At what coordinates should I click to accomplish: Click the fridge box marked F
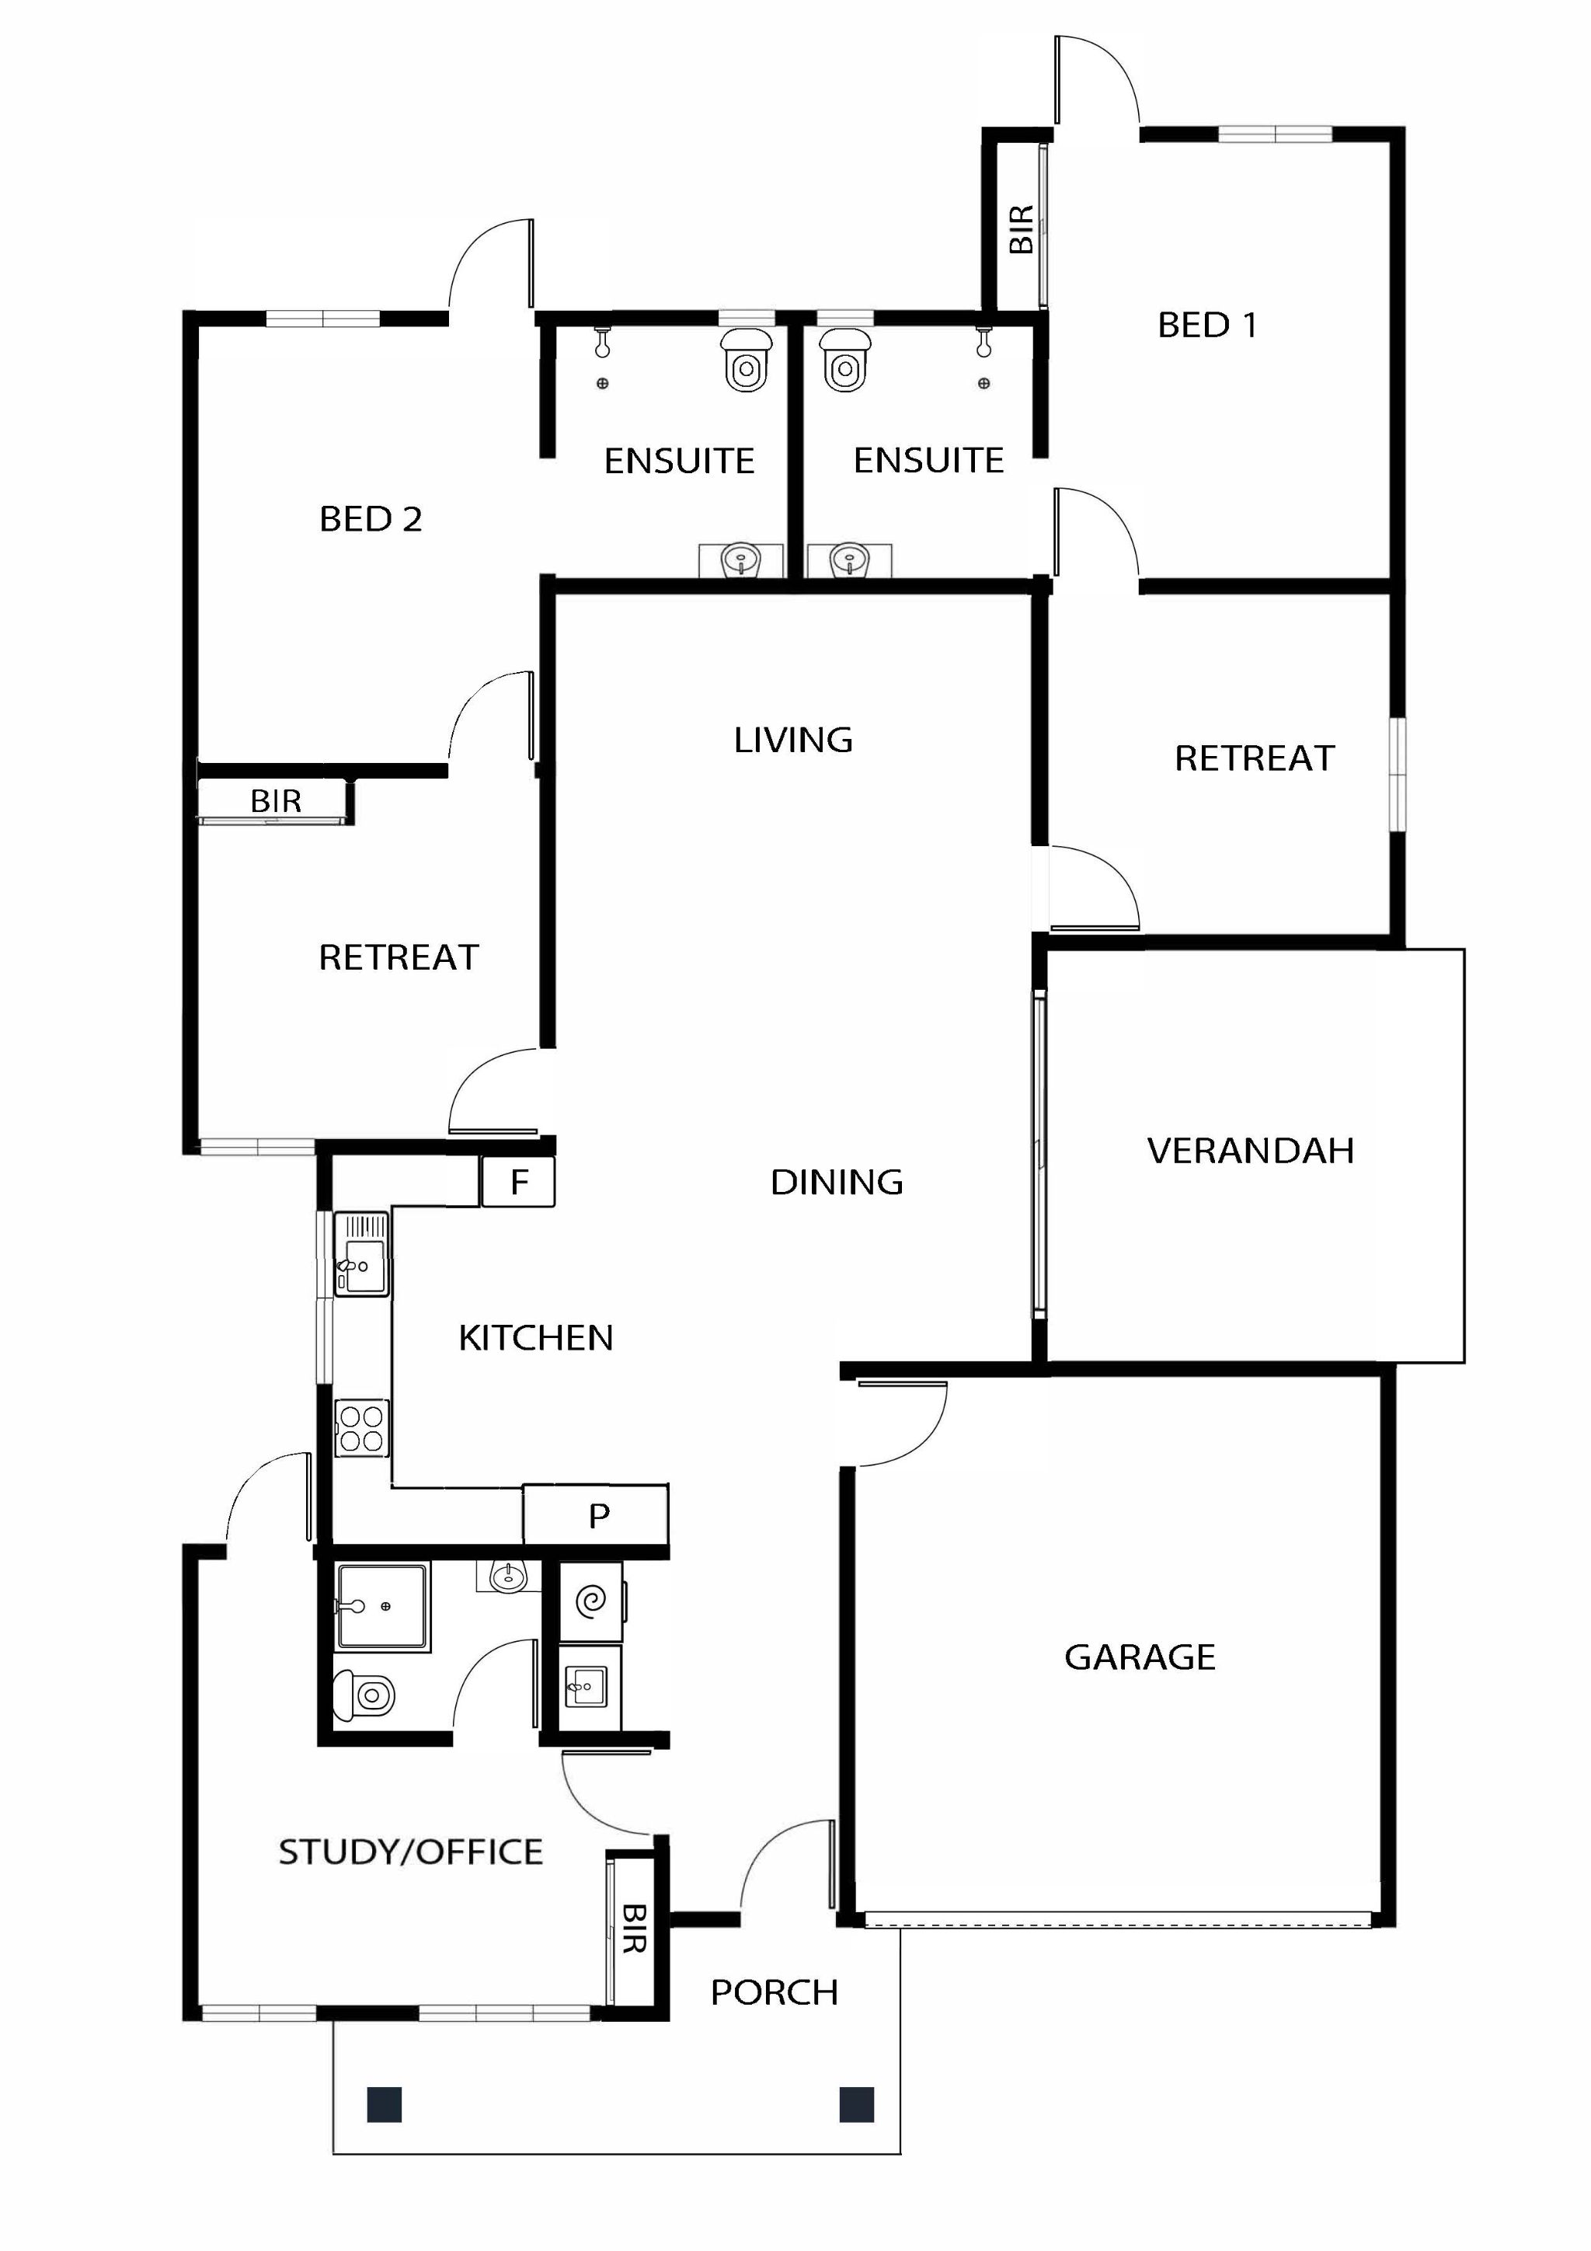pyautogui.click(x=519, y=1181)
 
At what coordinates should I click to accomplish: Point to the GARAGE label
pyautogui.click(x=1139, y=1657)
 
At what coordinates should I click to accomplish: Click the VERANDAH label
pyautogui.click(x=1250, y=1150)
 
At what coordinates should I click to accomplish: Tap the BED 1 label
pyautogui.click(x=1206, y=325)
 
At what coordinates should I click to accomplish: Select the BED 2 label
pyautogui.click(x=371, y=518)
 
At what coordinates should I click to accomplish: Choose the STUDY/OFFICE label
pyautogui.click(x=409, y=1851)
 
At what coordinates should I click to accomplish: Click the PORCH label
pyautogui.click(x=774, y=1992)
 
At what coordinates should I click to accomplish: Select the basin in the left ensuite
pyautogui.click(x=740, y=562)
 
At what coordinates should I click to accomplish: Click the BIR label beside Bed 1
pyautogui.click(x=1021, y=228)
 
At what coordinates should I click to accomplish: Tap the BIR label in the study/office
pyautogui.click(x=634, y=1928)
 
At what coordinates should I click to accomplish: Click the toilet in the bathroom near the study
pyautogui.click(x=364, y=1694)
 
